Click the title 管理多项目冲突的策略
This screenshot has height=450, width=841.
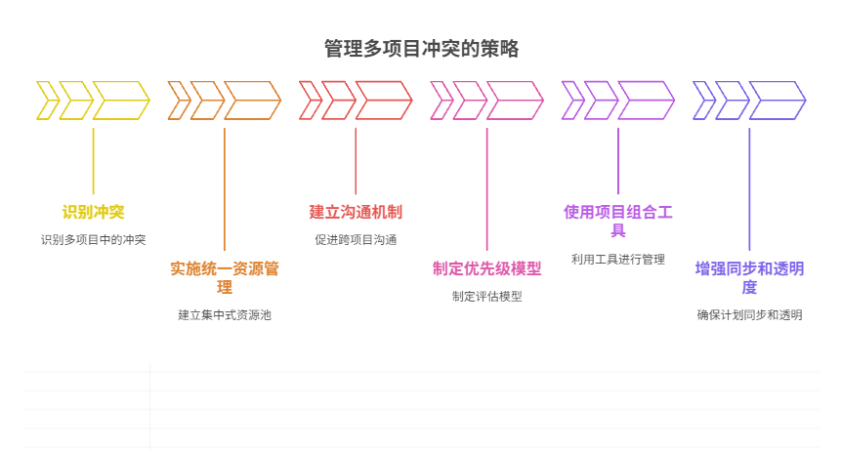[x=421, y=49]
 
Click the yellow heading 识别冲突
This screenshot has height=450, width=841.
[x=93, y=212]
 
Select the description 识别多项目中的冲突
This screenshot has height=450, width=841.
[x=93, y=239]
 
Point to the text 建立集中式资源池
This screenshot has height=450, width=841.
[x=225, y=314]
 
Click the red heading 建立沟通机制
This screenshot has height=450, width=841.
[x=356, y=212]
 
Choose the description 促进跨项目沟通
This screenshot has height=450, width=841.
[x=356, y=239]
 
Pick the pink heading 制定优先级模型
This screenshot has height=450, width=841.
[x=486, y=268]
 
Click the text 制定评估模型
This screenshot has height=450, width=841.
[x=486, y=296]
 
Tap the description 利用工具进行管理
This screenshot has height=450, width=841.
[x=618, y=259]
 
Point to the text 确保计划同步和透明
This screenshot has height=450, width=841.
[x=749, y=314]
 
